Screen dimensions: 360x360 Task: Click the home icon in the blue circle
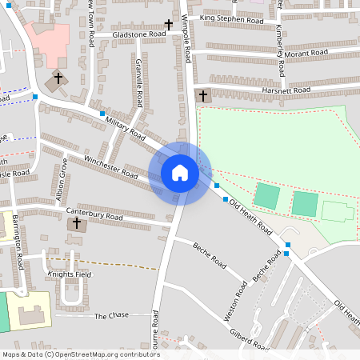click(x=180, y=173)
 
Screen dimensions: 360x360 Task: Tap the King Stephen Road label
click(x=232, y=18)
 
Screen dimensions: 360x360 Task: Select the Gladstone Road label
click(x=139, y=35)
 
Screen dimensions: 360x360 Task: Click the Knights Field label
click(x=70, y=274)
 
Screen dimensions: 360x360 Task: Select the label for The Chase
click(x=111, y=316)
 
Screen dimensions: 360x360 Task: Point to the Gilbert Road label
click(x=248, y=339)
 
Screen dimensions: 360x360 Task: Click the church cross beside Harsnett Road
click(x=202, y=96)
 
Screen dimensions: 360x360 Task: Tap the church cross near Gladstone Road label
click(x=168, y=25)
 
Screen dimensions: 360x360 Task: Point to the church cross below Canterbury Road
click(x=78, y=225)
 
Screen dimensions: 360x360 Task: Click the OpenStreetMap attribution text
click(x=81, y=354)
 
